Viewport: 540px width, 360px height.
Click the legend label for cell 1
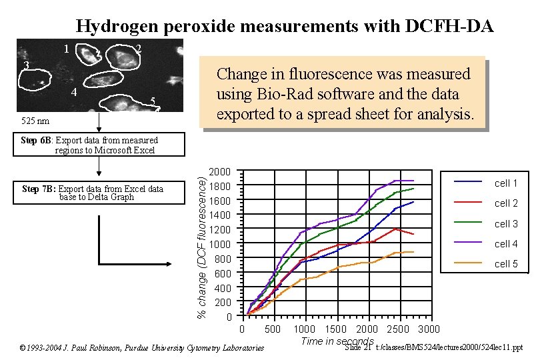tap(506, 183)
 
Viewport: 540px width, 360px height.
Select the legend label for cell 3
tap(506, 224)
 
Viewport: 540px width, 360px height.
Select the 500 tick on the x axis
tap(273, 329)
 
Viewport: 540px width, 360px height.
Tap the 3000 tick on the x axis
tap(429, 329)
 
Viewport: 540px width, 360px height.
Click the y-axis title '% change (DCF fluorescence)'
tap(201, 243)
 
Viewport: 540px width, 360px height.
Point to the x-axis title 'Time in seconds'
tap(337, 341)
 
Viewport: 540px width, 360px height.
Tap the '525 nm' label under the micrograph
tap(33, 122)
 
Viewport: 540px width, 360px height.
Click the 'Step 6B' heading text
tap(37, 141)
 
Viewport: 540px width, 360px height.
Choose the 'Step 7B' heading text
tap(39, 189)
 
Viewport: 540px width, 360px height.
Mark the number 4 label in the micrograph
tap(74, 92)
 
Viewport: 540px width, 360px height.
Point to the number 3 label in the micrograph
tap(25, 65)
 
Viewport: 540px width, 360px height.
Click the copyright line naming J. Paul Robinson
tap(141, 348)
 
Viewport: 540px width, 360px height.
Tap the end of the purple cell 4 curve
tap(413, 181)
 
